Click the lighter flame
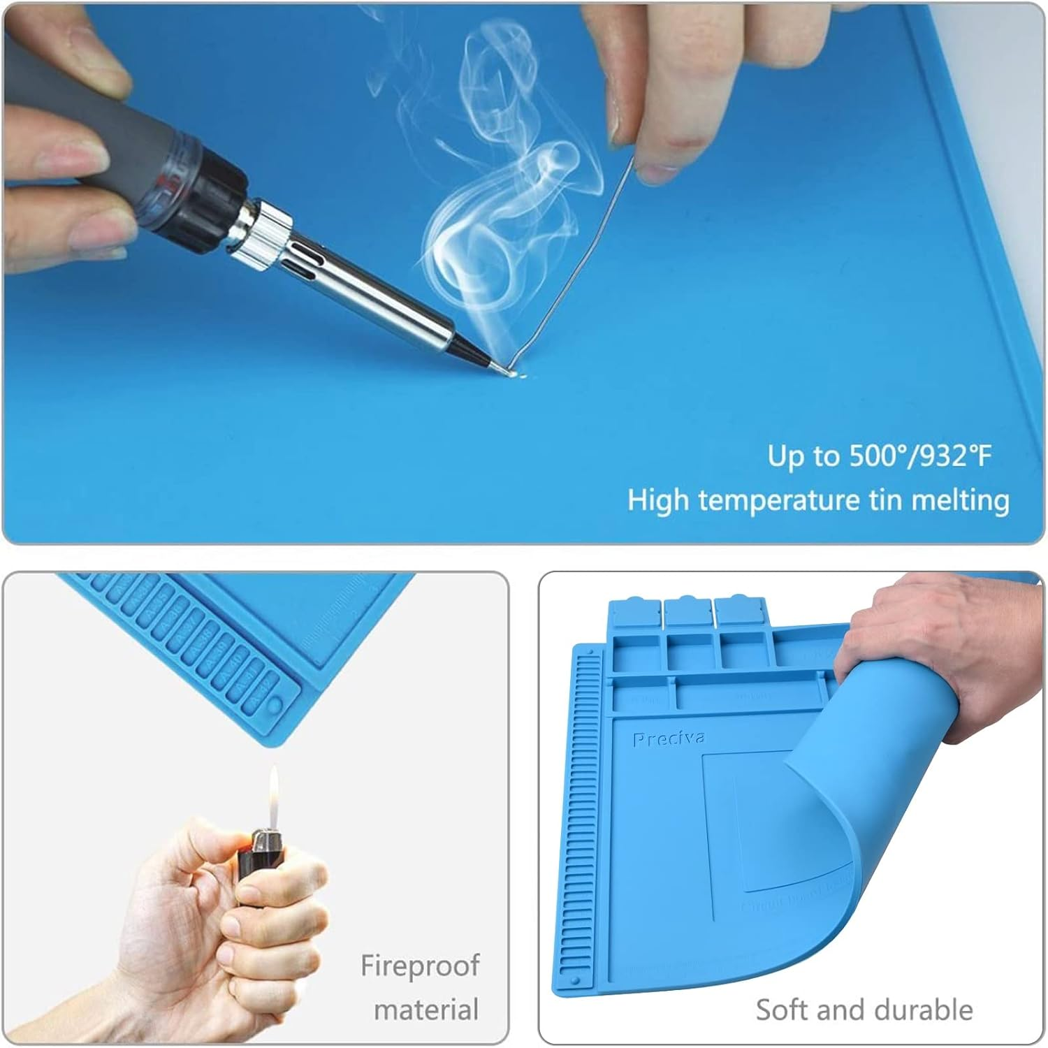point(273,794)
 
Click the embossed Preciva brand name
point(668,739)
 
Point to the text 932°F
point(956,456)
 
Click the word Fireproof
point(420,966)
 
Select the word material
point(426,1010)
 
